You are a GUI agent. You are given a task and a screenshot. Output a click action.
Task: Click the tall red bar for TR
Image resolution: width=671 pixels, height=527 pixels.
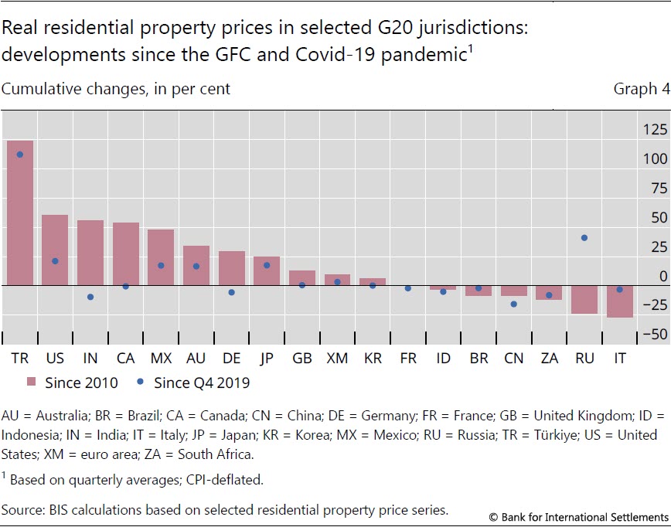pyautogui.click(x=20, y=212)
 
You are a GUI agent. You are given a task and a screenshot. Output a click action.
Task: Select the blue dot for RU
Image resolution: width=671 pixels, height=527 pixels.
pyautogui.click(x=584, y=238)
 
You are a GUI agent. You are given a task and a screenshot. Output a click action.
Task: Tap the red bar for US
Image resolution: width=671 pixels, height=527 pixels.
pyautogui.click(x=55, y=250)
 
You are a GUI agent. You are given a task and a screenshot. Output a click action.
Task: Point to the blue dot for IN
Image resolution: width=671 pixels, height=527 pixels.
pyautogui.click(x=90, y=297)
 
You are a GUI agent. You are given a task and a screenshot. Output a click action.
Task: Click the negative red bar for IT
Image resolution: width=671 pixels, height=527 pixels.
pyautogui.click(x=620, y=301)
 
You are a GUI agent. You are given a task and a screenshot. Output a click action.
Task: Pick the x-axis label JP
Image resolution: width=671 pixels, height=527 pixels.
pyautogui.click(x=267, y=359)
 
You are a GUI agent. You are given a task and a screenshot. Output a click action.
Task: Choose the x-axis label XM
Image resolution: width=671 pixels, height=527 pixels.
pyautogui.click(x=337, y=359)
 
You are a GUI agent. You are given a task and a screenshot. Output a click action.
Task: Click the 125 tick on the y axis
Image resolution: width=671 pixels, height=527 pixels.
pyautogui.click(x=656, y=130)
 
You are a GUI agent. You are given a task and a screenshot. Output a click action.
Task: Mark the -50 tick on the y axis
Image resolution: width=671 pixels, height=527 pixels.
pyautogui.click(x=656, y=335)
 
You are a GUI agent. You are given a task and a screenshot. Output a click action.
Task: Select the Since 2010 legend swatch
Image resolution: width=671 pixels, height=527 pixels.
pyautogui.click(x=32, y=382)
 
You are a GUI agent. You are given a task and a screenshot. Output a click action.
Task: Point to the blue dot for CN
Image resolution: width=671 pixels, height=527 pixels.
pyautogui.click(x=514, y=304)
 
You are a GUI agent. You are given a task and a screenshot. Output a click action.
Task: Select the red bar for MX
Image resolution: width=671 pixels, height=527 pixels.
pyautogui.click(x=161, y=257)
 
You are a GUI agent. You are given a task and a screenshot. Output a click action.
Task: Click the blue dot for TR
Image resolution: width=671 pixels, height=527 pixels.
pyautogui.click(x=20, y=155)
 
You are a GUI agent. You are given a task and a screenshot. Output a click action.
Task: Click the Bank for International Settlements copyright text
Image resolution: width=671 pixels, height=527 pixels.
pyautogui.click(x=578, y=516)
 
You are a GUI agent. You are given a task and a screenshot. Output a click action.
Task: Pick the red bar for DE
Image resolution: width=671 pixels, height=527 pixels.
pyautogui.click(x=232, y=268)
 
